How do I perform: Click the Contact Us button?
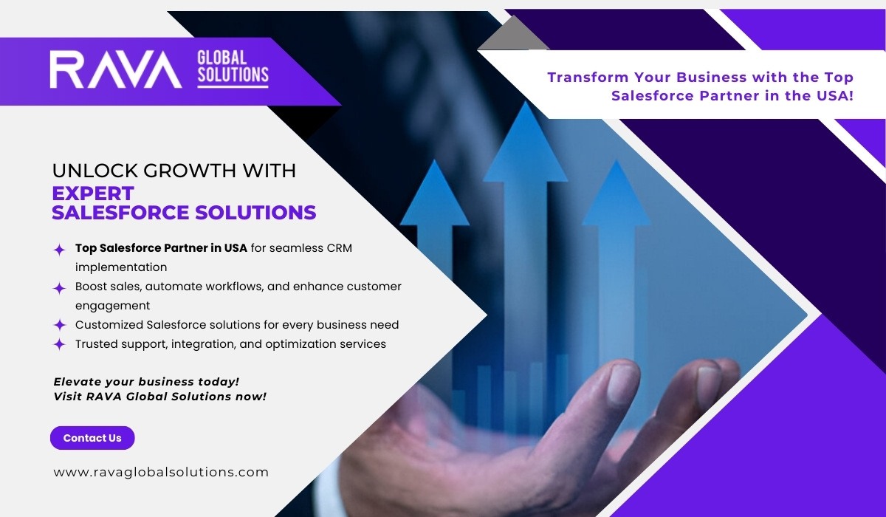pos(92,438)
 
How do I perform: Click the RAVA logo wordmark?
pos(115,70)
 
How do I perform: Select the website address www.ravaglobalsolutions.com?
pos(161,472)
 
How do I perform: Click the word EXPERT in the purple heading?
pos(93,194)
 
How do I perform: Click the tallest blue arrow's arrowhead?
pos(525,142)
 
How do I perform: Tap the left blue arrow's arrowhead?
pos(435,193)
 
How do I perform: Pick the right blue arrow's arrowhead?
pos(616,193)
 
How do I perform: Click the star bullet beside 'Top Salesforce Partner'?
pos(59,250)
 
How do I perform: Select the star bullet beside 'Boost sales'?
pos(59,288)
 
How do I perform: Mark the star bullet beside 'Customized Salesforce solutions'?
pos(59,325)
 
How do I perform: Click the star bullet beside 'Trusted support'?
pos(59,344)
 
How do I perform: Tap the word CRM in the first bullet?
pos(339,248)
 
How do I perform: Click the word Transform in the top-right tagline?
pos(588,77)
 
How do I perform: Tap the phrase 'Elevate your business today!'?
pos(146,382)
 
